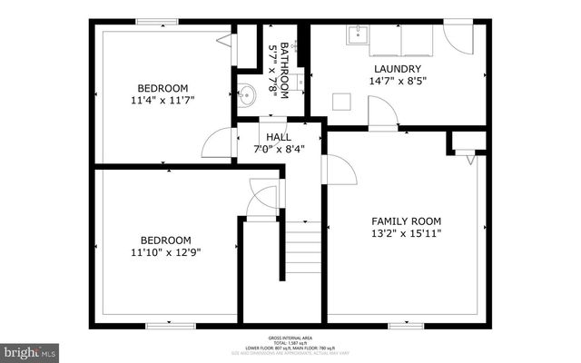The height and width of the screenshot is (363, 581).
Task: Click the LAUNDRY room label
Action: [397, 68]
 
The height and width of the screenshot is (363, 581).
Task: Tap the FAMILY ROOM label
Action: [406, 221]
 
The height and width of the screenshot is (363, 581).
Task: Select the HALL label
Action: [279, 137]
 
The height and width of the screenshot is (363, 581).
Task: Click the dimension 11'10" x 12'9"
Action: [164, 253]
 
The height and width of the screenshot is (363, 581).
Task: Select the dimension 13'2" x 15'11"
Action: [406, 233]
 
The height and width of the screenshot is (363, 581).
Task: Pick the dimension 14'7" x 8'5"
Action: [397, 81]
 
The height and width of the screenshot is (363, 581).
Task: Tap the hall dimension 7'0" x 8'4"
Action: [279, 149]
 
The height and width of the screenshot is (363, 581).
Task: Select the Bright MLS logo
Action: [30, 350]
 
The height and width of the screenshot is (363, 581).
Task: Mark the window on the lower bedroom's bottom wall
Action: [171, 324]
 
